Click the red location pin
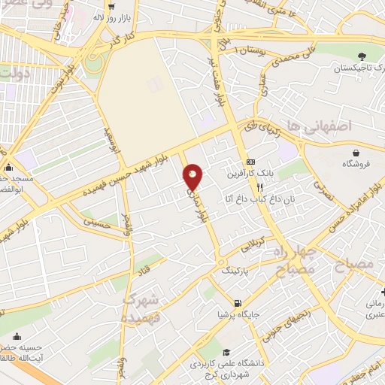tap(193, 177)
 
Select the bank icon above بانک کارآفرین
tap(250, 162)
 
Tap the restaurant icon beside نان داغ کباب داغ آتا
tap(260, 187)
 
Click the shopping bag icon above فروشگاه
tap(351, 151)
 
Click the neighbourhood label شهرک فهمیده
tap(141, 307)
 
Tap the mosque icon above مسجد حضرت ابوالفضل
tap(8, 166)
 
